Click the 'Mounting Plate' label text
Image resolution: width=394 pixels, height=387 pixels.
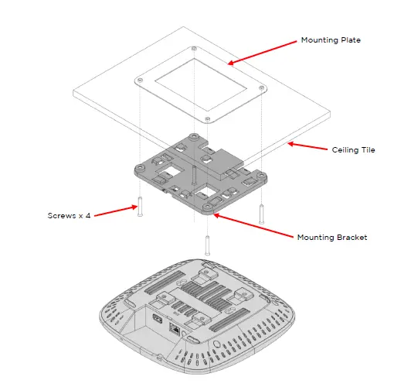[x=330, y=39]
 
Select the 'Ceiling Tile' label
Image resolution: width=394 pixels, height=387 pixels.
[x=353, y=149]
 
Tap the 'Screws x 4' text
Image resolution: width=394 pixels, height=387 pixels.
[x=69, y=215]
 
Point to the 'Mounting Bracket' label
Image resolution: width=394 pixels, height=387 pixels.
[x=332, y=237]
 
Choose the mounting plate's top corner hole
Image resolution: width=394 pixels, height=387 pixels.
[x=191, y=50]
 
